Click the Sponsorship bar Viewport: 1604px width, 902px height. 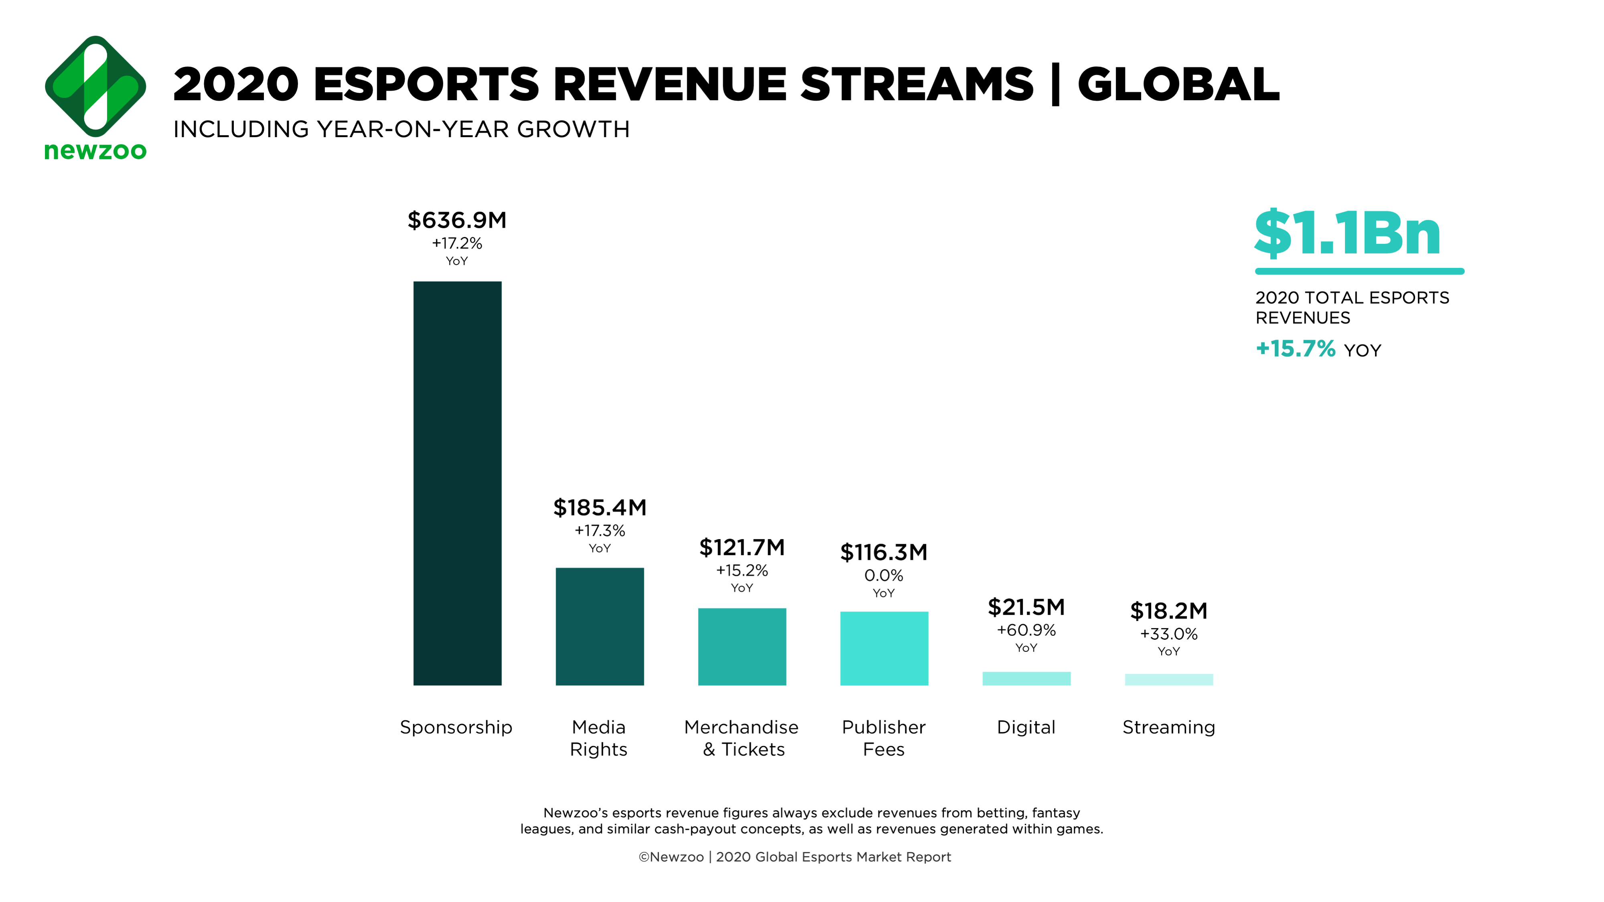pos(457,483)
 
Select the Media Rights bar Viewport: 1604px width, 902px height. pos(600,626)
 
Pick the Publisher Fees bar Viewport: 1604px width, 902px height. pos(884,648)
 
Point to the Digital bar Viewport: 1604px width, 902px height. pos(1026,679)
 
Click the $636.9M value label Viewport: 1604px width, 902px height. pos(457,220)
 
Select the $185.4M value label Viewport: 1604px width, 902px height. pos(600,508)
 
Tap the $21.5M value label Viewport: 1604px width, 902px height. pos(1026,607)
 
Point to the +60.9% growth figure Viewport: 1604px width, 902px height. pos(1026,630)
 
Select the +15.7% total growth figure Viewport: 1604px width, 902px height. pos(1295,349)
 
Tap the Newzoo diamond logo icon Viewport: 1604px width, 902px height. pos(95,87)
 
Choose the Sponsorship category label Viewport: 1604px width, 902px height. pos(456,727)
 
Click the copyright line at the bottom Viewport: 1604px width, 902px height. pos(795,857)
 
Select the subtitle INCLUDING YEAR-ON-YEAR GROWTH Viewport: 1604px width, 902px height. pos(402,130)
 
